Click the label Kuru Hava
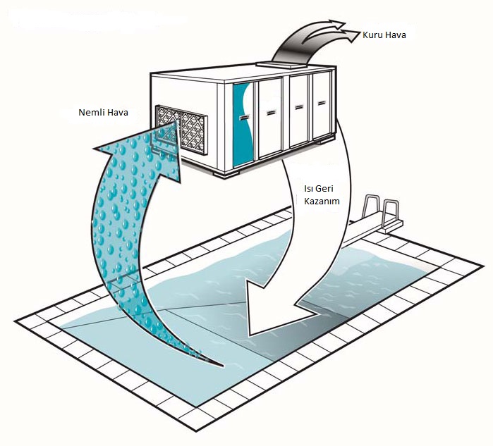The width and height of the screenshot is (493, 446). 384,35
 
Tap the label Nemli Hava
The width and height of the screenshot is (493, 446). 103,112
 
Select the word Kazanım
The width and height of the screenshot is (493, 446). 322,201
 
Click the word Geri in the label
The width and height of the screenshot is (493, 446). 324,188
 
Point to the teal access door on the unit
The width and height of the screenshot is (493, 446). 243,125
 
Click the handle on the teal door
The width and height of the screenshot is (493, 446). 244,117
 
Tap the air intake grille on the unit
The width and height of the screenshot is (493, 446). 181,130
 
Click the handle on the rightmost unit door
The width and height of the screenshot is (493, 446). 321,103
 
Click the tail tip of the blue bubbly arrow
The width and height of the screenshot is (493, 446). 223,366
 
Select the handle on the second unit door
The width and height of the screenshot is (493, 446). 271,113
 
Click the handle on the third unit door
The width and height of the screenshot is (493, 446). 299,107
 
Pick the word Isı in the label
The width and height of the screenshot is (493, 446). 308,188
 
